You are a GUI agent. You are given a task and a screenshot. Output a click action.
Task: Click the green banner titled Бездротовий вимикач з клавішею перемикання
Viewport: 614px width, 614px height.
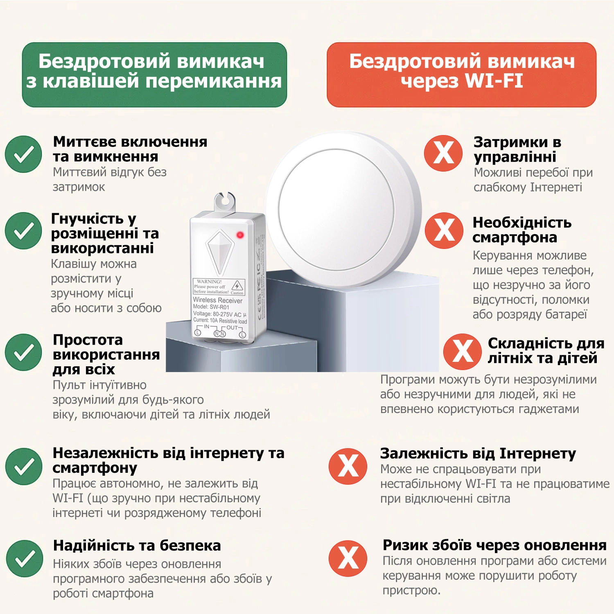point(154,74)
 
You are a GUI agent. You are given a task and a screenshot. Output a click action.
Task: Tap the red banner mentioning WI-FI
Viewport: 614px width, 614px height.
point(461,74)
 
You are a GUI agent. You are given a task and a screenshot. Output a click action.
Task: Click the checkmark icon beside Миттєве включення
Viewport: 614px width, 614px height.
point(23,154)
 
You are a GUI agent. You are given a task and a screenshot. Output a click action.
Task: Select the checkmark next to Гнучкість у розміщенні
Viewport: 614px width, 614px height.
point(23,231)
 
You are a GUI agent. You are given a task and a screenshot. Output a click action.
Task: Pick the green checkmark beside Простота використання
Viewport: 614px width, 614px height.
point(23,352)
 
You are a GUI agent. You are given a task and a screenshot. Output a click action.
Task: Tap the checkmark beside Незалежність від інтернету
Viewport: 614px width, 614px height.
point(24,466)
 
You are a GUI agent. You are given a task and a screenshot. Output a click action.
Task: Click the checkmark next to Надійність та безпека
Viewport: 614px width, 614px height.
point(24,558)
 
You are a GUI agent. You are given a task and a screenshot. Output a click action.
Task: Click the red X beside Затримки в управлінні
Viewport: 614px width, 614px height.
point(443,153)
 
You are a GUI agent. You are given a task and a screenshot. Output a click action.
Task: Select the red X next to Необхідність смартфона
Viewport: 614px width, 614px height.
point(444,230)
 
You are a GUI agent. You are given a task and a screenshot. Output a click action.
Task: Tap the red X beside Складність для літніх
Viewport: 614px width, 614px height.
point(463,352)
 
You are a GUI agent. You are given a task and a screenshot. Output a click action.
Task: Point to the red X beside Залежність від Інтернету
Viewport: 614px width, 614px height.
point(348,466)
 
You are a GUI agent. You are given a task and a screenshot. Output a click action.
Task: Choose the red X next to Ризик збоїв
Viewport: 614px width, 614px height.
point(348,558)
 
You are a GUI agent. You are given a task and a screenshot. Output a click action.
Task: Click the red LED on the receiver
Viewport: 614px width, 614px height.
point(240,235)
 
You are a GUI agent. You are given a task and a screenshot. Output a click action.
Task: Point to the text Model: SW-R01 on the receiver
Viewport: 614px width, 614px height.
point(211,307)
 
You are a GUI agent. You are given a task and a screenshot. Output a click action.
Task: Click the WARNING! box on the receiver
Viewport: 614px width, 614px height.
point(219,287)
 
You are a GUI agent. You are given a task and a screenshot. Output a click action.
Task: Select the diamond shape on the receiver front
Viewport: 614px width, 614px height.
point(220,252)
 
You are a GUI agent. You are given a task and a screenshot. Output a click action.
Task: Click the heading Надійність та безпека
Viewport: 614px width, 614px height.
point(137,545)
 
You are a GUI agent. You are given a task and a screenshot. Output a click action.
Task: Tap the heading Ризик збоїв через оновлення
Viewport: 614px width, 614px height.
point(494,545)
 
